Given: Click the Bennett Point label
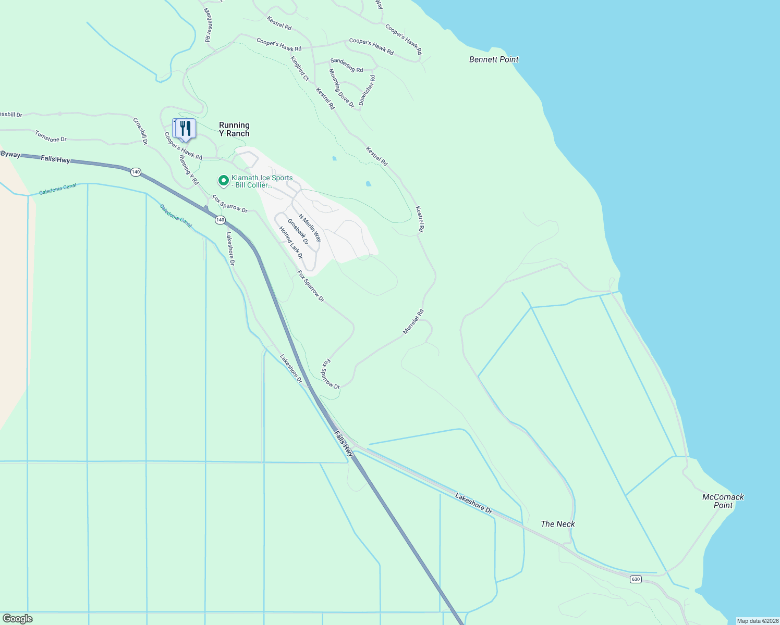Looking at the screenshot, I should [x=494, y=59].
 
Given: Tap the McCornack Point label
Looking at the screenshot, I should [x=723, y=501].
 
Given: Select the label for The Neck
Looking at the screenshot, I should [x=557, y=524].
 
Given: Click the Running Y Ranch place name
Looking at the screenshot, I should [x=234, y=129].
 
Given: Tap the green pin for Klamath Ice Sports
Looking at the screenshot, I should [x=223, y=181].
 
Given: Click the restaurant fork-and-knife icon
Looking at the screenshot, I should [x=185, y=128].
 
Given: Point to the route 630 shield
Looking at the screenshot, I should [x=635, y=579].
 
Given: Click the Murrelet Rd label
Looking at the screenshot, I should [x=413, y=322].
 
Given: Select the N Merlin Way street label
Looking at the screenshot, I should [x=310, y=228].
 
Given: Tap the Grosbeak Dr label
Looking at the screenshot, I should [x=298, y=232].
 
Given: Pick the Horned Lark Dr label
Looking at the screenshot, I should [x=290, y=242].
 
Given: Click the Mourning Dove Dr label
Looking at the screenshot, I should [x=342, y=88].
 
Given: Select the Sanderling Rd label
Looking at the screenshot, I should [x=347, y=65].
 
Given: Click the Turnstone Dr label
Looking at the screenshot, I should [x=51, y=136].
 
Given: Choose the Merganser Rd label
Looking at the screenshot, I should [x=207, y=25].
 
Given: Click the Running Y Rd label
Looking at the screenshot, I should [x=189, y=170].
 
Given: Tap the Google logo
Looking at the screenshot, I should [x=17, y=619].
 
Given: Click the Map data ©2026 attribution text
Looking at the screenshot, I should [x=758, y=621].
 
